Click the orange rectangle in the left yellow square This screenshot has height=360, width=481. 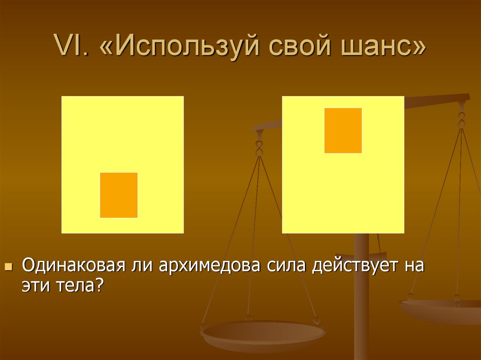[119, 195]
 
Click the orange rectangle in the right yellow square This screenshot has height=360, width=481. [343, 130]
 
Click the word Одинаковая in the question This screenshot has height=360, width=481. [73, 266]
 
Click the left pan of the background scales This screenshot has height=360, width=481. [263, 334]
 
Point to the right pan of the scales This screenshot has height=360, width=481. [442, 310]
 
